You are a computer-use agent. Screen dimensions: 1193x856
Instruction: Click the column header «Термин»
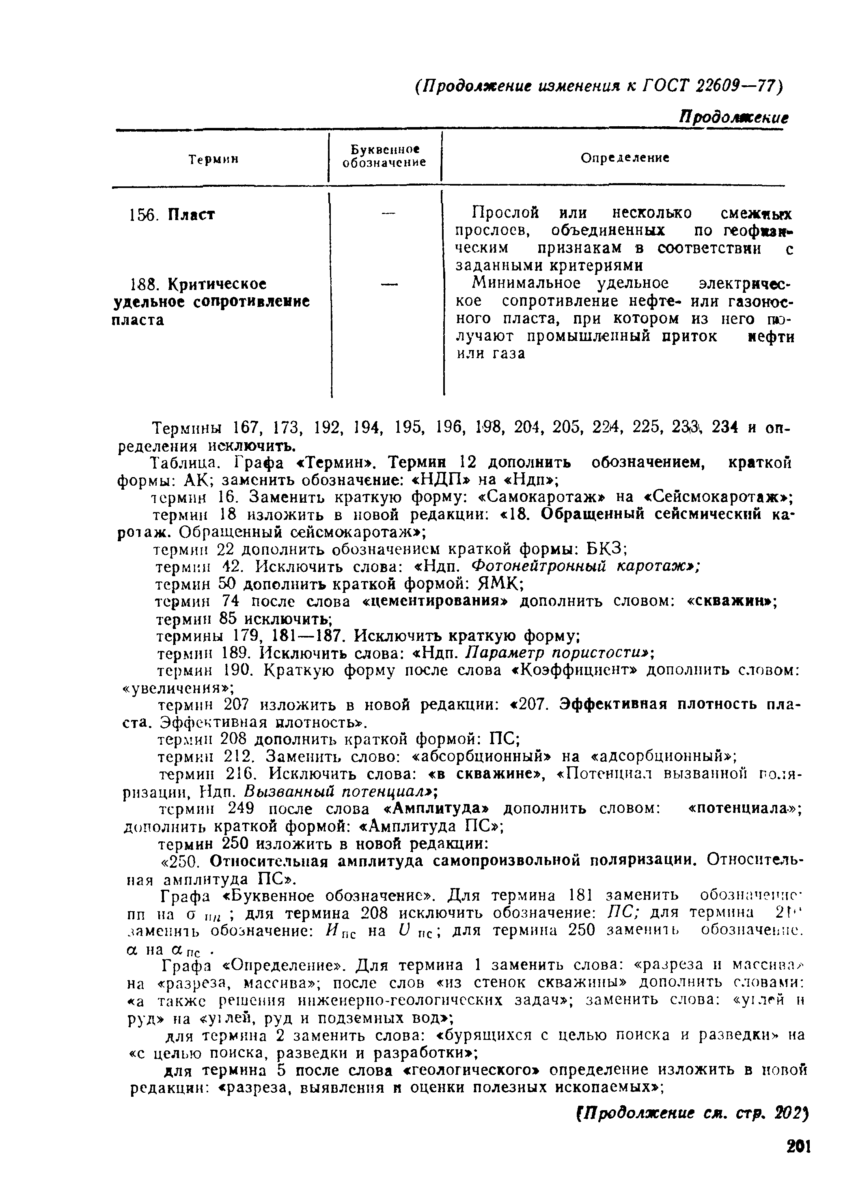[x=213, y=158]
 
